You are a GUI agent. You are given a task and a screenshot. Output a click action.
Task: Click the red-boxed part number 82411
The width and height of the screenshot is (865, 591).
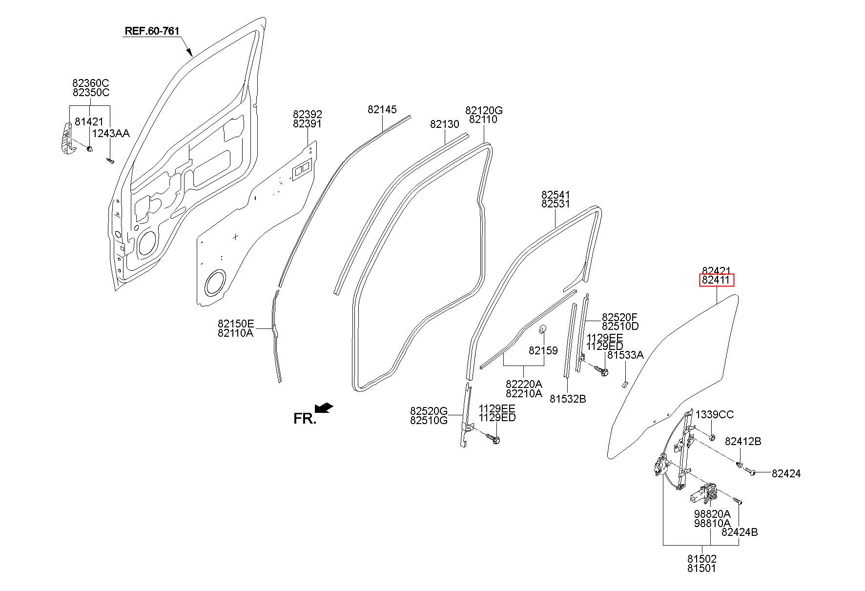tap(716, 281)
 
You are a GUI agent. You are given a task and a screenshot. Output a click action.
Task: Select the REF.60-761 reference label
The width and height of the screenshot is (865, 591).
tap(152, 31)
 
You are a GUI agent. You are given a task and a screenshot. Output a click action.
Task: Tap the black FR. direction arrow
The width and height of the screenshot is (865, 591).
tap(324, 407)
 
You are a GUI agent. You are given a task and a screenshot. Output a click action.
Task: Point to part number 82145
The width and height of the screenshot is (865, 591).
tap(382, 110)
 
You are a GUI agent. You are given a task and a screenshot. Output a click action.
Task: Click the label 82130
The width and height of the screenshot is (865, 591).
tap(445, 124)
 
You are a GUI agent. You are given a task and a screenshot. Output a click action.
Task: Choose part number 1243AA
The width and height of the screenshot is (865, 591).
tap(111, 133)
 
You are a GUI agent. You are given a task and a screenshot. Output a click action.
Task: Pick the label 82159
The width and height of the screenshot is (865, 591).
tap(543, 350)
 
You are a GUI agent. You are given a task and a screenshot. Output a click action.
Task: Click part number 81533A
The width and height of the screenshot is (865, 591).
tap(625, 355)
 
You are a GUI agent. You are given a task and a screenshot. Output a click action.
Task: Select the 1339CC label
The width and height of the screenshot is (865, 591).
tap(715, 415)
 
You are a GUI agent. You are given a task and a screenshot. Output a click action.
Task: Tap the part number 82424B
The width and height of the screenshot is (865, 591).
tap(740, 532)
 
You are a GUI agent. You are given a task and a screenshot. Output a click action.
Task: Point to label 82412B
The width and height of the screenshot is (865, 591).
tap(743, 441)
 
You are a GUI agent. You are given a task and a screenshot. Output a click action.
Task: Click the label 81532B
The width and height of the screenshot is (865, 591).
tap(568, 399)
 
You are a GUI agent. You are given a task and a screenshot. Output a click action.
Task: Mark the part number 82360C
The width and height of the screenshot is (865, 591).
tap(91, 83)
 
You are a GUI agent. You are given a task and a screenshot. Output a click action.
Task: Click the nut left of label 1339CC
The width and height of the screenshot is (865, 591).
tap(712, 436)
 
